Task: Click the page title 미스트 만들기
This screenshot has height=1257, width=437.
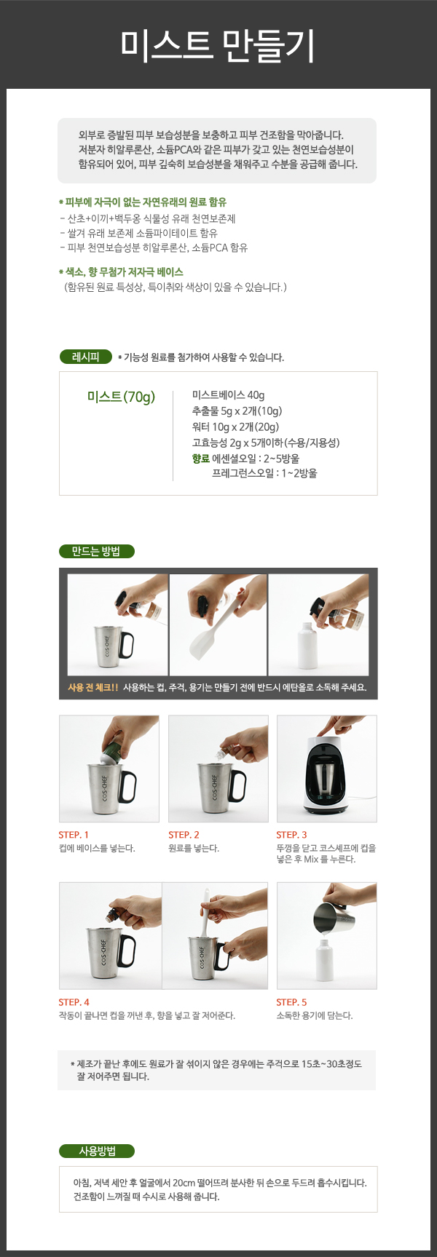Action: click(218, 44)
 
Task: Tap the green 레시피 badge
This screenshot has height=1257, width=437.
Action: click(86, 357)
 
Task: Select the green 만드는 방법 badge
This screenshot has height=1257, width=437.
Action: click(96, 551)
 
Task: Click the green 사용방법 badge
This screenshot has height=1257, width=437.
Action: click(97, 1151)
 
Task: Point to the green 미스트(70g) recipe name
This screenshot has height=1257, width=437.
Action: click(121, 397)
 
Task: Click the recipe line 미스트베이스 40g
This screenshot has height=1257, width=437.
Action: click(228, 394)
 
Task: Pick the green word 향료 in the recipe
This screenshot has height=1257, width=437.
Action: click(200, 459)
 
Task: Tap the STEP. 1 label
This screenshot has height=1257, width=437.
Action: click(74, 835)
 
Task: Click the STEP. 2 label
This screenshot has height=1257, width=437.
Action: click(184, 835)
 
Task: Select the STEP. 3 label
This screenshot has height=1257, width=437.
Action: click(291, 835)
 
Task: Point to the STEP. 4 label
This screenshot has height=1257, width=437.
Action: click(74, 1002)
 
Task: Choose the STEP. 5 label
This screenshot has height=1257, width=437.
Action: click(291, 1002)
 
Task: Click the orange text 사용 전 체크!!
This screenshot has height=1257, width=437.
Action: click(92, 687)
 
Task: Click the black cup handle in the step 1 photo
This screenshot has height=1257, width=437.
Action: click(127, 787)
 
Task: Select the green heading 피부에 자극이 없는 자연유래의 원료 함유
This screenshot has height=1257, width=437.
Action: click(143, 202)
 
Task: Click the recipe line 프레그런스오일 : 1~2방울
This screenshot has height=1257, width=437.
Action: click(264, 473)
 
